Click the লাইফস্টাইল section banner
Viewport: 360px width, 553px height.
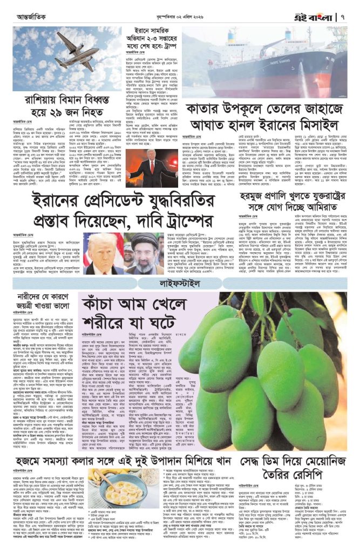coord(180,282)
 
